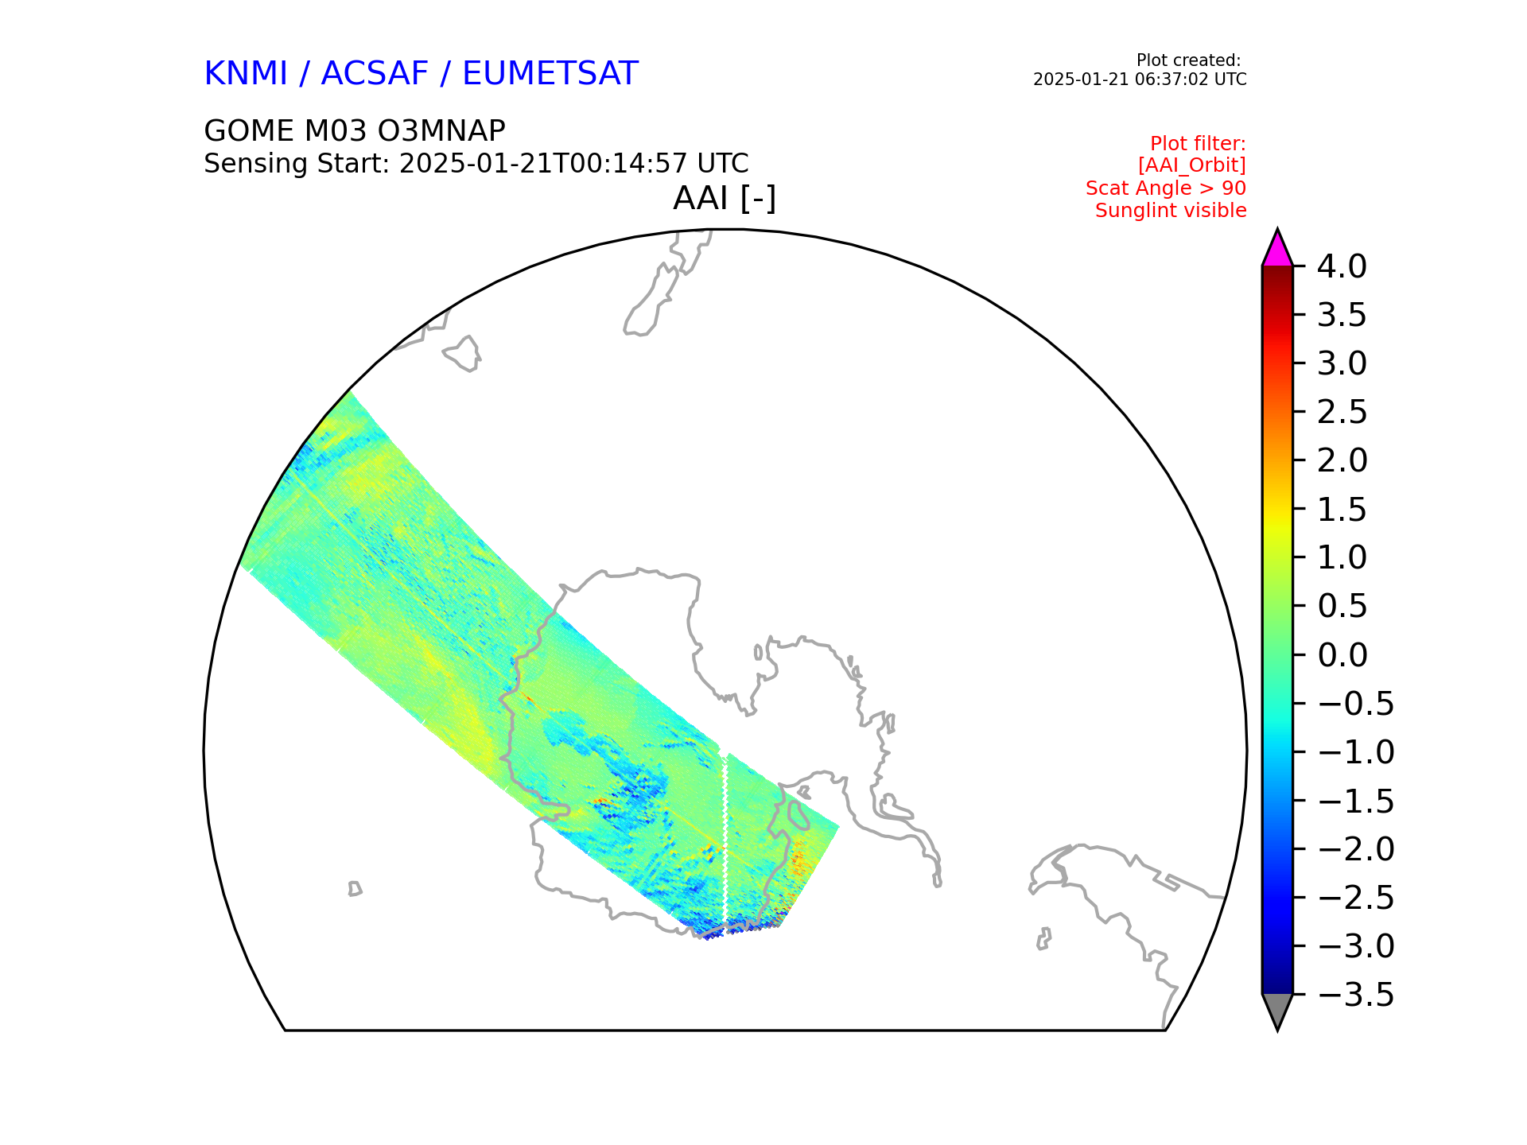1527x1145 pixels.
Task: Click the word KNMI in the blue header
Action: [x=245, y=74]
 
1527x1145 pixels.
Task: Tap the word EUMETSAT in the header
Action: [x=550, y=74]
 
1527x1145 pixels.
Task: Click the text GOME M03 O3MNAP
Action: [x=355, y=130]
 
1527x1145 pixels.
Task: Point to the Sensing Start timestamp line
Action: [x=476, y=164]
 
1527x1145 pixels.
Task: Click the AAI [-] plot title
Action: [x=724, y=198]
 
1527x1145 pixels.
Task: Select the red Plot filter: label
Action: [x=1198, y=144]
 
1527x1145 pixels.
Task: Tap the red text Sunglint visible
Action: [x=1171, y=211]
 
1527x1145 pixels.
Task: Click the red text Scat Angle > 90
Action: [x=1165, y=188]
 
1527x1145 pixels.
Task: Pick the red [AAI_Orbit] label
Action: [x=1191, y=165]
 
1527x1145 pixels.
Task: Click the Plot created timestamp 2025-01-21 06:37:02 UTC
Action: [x=1139, y=80]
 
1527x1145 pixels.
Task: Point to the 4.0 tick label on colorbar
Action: [x=1342, y=267]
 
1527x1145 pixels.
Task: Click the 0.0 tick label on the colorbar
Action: [x=1342, y=655]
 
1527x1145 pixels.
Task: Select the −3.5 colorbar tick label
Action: [x=1355, y=995]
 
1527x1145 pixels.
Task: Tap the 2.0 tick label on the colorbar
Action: [x=1342, y=460]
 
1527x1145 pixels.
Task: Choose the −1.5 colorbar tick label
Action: [x=1355, y=801]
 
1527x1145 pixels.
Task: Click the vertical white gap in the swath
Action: [x=725, y=835]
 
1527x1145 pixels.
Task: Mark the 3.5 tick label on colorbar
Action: [x=1342, y=316]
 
